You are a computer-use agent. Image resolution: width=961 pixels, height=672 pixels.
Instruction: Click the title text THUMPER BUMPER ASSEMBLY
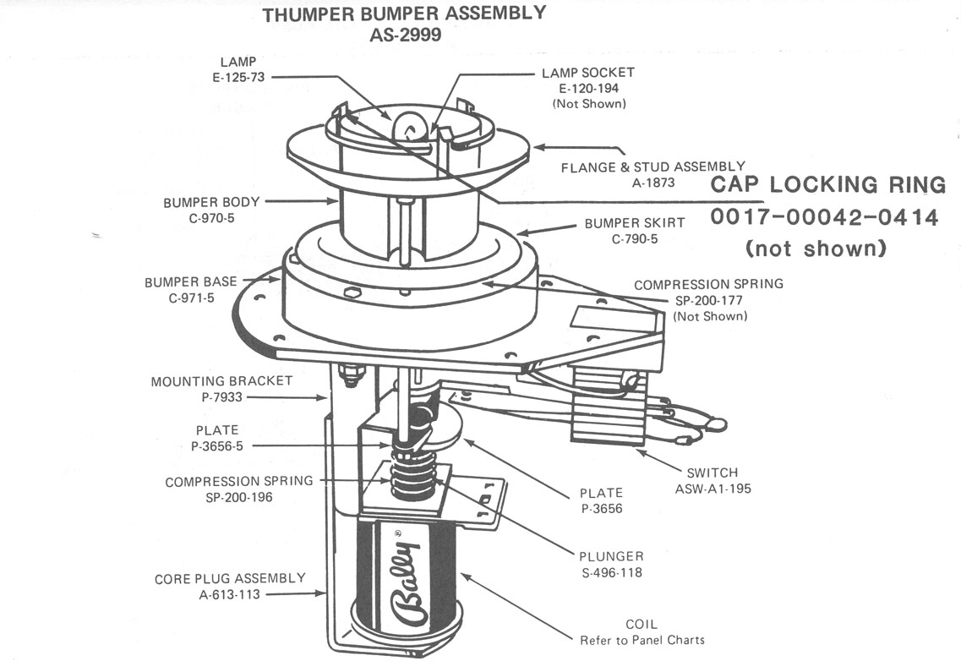[x=404, y=14]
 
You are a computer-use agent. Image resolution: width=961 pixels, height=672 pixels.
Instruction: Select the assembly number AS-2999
[x=404, y=36]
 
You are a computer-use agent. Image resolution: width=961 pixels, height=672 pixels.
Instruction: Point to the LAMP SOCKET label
[x=587, y=73]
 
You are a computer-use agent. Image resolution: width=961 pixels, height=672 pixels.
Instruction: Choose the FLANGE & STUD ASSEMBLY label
[x=652, y=167]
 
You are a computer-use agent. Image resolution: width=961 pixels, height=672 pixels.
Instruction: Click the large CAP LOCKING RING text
[x=828, y=184]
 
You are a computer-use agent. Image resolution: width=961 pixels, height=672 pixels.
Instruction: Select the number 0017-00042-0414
[x=824, y=217]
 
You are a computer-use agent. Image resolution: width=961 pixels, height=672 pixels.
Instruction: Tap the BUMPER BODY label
[x=211, y=202]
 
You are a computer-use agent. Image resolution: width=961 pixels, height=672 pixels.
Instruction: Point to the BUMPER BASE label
[x=190, y=282]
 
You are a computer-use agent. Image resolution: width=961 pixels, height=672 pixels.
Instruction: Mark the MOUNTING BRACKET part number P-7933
[x=221, y=396]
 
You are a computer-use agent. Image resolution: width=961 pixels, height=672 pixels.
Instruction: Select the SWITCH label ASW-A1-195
[x=712, y=488]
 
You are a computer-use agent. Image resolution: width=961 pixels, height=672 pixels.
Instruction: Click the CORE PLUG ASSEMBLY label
[x=230, y=578]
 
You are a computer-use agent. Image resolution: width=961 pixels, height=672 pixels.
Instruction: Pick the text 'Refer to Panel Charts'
[x=642, y=640]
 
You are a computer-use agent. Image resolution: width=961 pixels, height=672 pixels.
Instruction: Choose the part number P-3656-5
[x=216, y=445]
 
